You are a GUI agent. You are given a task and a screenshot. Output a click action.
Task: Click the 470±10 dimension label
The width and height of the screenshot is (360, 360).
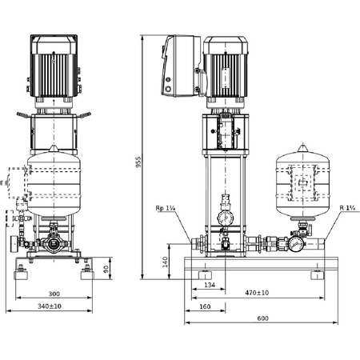pos(257,294)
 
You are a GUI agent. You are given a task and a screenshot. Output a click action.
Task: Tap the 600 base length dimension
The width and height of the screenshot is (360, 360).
pos(263,318)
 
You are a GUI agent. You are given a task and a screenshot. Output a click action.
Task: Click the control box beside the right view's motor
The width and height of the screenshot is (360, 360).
pos(178,63)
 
